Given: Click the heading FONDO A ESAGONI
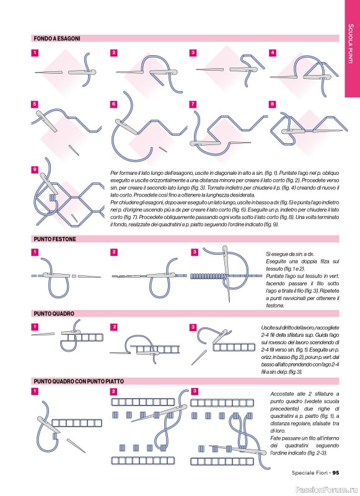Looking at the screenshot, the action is coord(57,38).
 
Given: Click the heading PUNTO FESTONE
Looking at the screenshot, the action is coord(55,239).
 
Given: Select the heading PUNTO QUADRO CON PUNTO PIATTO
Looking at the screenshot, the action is coord(79,381).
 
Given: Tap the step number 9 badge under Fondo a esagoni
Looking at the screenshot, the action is coord(35,169).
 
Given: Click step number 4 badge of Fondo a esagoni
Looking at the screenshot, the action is coord(272,53).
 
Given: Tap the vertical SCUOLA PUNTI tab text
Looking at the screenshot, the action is coord(351,43).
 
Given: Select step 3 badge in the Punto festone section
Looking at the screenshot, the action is coord(195,252).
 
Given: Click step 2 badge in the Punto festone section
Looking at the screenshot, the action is coord(114,252).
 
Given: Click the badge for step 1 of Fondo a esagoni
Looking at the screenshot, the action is coord(35,53).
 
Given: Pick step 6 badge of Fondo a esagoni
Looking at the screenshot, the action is coord(114,104).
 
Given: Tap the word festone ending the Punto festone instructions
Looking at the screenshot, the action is coord(275,306).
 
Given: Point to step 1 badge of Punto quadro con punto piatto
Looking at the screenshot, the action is coord(35,391).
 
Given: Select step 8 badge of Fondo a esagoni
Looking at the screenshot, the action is coord(272,104).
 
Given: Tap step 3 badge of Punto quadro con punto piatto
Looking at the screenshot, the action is coord(195,391).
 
